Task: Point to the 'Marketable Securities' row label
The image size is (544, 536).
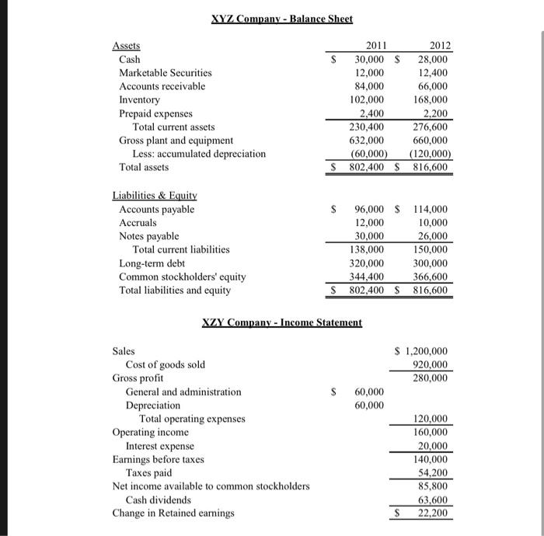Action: click(165, 72)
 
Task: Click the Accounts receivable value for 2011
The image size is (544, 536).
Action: click(369, 86)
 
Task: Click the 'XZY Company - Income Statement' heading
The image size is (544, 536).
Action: click(282, 322)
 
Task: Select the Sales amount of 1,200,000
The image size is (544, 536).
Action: click(425, 351)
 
